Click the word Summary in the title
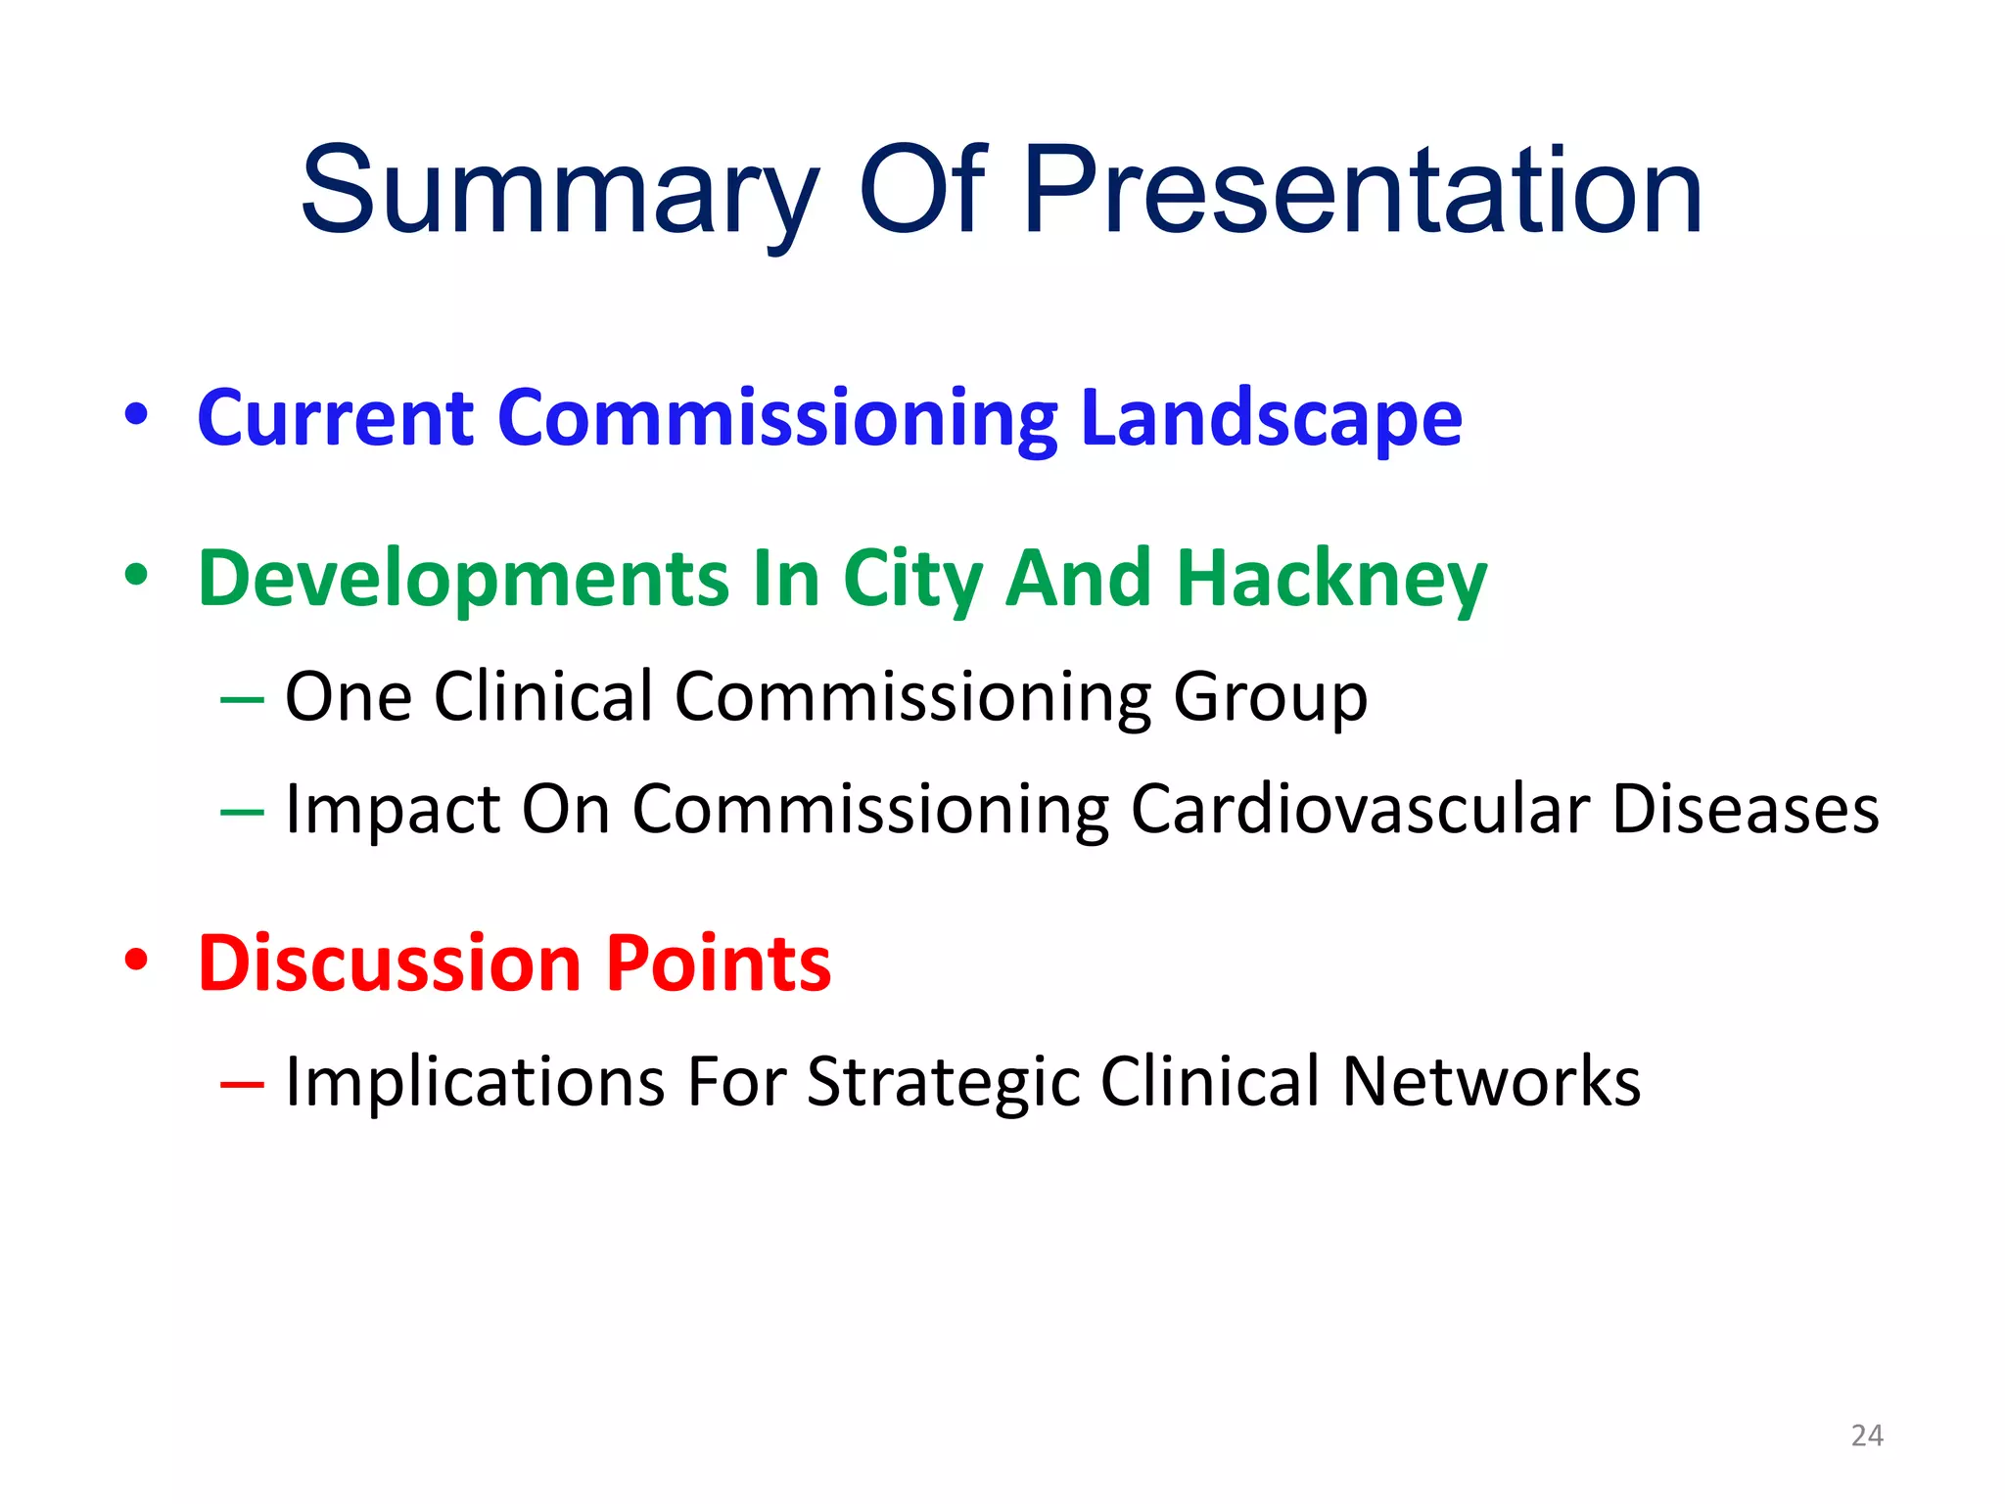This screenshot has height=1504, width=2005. (x=559, y=191)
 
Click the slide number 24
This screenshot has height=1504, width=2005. (x=1867, y=1435)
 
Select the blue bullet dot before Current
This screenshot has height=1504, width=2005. (x=136, y=415)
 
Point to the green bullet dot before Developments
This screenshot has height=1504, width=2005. (x=136, y=576)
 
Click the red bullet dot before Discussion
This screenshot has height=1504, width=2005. (x=136, y=961)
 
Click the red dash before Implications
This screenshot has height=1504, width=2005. (x=242, y=1084)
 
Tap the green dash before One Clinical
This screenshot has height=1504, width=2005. (x=242, y=699)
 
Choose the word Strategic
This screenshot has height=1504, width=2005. (x=943, y=1083)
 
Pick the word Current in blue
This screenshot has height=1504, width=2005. (x=336, y=419)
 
